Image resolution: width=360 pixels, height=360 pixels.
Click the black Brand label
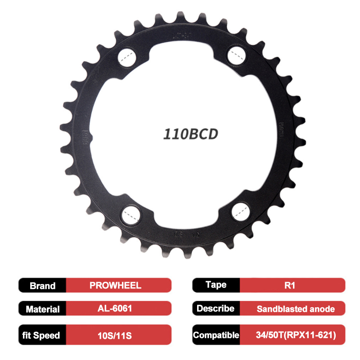tap(43, 285)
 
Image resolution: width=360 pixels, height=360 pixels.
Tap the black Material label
tap(43, 309)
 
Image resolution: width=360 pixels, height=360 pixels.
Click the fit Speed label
tap(43, 335)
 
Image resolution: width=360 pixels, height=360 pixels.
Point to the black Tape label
tap(216, 285)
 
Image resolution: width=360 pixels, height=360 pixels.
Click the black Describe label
tap(216, 309)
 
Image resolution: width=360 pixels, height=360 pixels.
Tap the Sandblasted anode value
tap(296, 309)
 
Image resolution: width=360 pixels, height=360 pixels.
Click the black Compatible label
tap(216, 335)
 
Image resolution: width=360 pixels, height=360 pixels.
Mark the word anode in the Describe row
tap(323, 309)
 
